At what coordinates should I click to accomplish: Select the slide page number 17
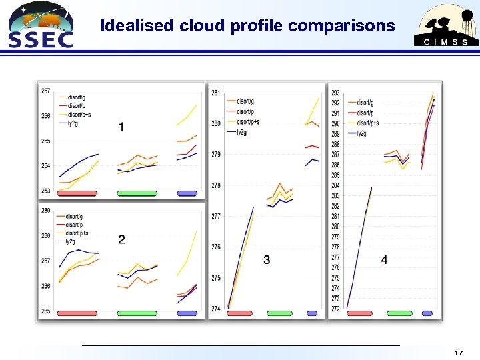point(457,351)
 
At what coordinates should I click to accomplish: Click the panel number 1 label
point(121,127)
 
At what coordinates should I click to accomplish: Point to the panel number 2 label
point(121,239)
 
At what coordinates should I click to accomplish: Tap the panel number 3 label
point(267,259)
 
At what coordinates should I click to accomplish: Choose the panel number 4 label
point(384,259)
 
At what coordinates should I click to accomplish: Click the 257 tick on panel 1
point(45,91)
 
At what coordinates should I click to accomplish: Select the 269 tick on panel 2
point(45,211)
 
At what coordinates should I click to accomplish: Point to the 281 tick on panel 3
point(216,93)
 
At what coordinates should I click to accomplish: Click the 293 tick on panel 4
point(335,93)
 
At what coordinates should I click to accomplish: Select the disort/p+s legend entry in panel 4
point(367,123)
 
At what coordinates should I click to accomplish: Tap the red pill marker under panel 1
point(77,193)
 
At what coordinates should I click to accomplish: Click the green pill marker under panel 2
point(137,313)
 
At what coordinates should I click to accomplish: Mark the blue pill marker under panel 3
point(312,313)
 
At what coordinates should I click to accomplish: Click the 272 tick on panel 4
point(335,309)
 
